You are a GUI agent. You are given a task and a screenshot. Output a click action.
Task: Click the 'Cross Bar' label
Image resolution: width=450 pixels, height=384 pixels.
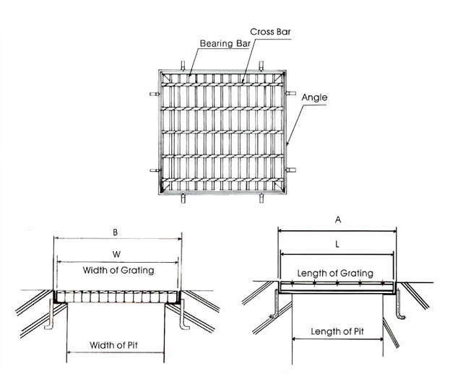270,32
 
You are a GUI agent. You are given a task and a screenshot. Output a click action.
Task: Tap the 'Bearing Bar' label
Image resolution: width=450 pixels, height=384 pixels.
225,43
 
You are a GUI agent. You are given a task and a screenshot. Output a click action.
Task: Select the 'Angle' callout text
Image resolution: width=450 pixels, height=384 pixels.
314,97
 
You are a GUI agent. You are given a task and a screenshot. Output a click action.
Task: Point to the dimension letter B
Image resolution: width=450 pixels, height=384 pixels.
116,232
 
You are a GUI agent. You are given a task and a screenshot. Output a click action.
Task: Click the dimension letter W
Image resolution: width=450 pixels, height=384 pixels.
116,254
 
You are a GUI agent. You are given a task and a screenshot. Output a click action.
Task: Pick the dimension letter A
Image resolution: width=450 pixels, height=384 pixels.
338,219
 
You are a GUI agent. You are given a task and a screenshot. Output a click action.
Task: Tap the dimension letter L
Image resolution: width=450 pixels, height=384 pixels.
337,244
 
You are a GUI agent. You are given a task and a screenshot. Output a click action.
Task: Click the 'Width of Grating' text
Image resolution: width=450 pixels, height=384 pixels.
118,270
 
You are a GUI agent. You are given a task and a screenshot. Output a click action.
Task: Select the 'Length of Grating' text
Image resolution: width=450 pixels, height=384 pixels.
335,273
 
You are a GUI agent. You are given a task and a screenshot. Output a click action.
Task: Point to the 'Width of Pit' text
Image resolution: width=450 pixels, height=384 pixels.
113,345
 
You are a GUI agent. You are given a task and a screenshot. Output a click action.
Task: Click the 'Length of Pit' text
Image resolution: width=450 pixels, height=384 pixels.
337,331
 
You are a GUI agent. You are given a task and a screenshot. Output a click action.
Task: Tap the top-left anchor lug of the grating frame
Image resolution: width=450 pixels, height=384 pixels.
183,66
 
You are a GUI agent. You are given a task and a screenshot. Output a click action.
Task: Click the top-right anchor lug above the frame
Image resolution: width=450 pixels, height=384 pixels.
261,66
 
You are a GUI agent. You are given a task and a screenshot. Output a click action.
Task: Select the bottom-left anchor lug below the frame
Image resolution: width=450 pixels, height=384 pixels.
183,198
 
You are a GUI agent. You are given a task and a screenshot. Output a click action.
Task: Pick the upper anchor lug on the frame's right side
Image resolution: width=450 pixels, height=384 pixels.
290,93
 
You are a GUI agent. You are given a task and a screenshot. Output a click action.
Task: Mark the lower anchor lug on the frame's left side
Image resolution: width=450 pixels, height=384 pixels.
155,170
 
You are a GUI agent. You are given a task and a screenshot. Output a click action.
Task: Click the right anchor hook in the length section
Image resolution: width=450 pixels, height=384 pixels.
399,305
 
